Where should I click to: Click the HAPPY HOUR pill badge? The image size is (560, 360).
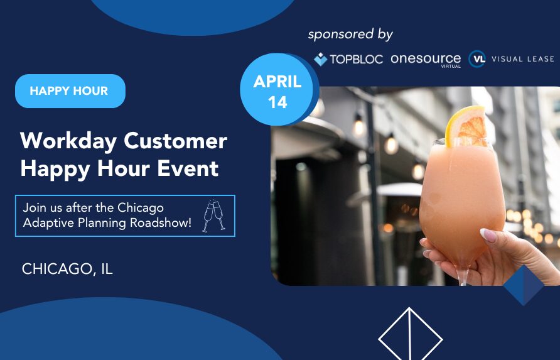(70, 91)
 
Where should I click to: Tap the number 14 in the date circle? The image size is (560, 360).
(277, 102)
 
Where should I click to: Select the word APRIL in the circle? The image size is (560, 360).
(277, 82)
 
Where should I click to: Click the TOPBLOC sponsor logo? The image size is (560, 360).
(348, 59)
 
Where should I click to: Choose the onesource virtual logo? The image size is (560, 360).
(426, 60)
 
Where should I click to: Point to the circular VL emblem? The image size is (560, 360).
(477, 59)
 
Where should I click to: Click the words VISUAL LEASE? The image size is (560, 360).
(523, 59)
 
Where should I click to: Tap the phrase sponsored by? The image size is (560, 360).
(350, 35)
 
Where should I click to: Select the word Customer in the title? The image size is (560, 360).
(175, 141)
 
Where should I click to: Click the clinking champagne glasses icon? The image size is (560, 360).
(213, 216)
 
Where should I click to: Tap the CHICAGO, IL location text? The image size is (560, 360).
(68, 269)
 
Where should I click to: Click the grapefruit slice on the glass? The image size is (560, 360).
(465, 126)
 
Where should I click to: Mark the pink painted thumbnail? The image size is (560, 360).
(488, 236)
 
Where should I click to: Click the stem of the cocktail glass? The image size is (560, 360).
(463, 275)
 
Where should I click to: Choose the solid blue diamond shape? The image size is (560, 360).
(524, 285)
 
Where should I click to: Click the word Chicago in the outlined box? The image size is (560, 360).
(141, 208)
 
